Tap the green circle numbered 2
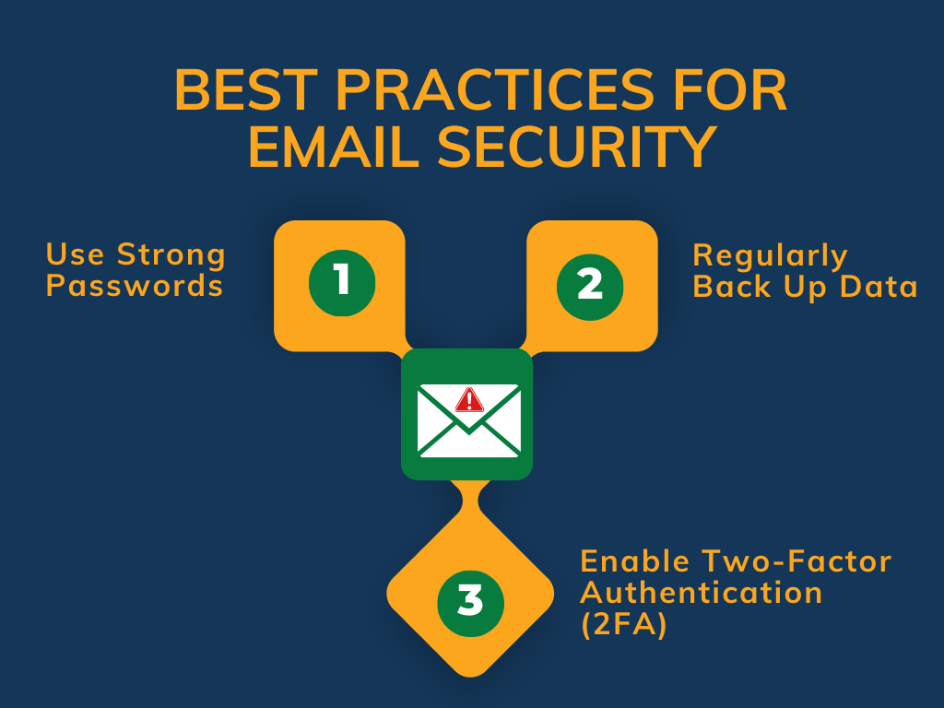(x=590, y=284)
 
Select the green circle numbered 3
(x=470, y=602)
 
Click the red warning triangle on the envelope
(x=469, y=399)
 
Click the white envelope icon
(x=468, y=420)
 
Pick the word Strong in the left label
(x=171, y=254)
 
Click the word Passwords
(x=135, y=286)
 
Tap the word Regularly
(x=770, y=255)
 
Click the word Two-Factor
(x=796, y=560)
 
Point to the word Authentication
(x=701, y=592)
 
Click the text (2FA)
(x=623, y=624)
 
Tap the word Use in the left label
(x=77, y=254)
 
